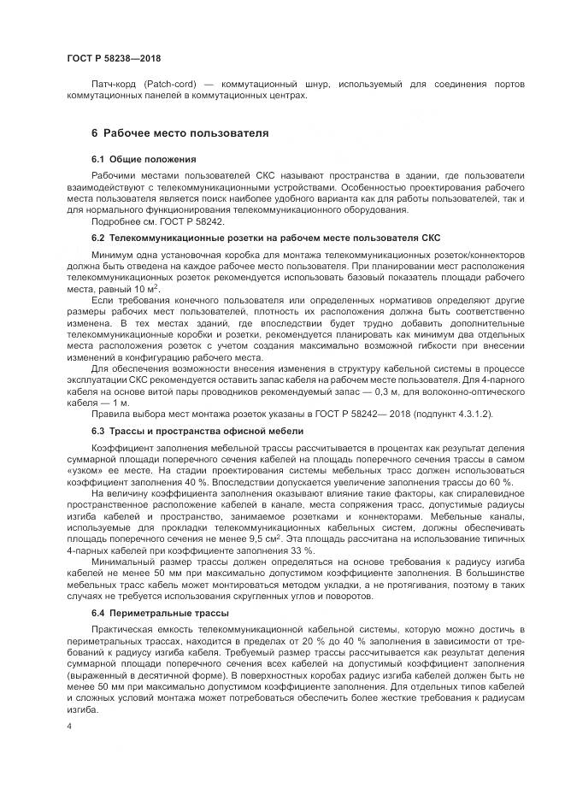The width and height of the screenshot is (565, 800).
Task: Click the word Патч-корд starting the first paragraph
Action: (113, 85)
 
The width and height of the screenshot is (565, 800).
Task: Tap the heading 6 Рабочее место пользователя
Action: (180, 133)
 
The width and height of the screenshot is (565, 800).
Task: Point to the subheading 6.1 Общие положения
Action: (144, 159)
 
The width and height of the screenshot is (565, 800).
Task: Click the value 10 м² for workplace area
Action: (129, 291)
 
